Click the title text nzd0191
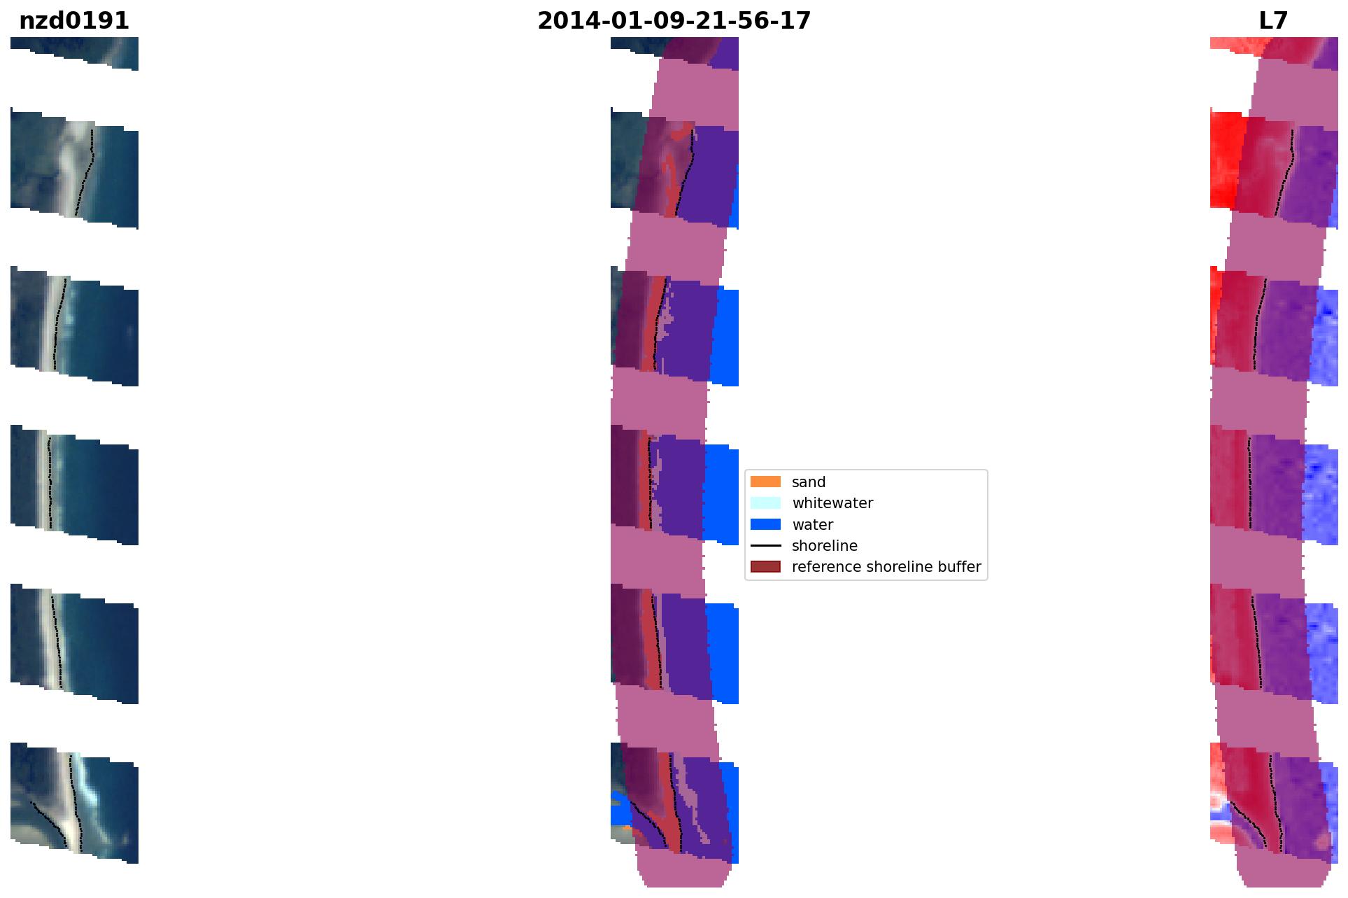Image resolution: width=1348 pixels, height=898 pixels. pos(74,21)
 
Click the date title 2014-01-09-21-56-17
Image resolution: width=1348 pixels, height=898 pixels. pos(674,21)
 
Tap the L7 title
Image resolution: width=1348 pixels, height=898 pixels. pos(1273,21)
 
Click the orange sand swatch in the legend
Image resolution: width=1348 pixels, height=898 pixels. pos(765,482)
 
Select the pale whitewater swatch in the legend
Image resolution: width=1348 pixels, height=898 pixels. pos(765,503)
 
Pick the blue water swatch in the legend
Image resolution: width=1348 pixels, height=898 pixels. pos(765,524)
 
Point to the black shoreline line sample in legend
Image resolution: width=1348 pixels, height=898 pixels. pos(765,545)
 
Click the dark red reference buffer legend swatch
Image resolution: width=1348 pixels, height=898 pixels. pos(765,566)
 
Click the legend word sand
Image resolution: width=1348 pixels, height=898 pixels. pos(809,482)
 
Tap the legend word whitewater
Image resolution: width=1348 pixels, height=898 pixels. pos(832,503)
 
